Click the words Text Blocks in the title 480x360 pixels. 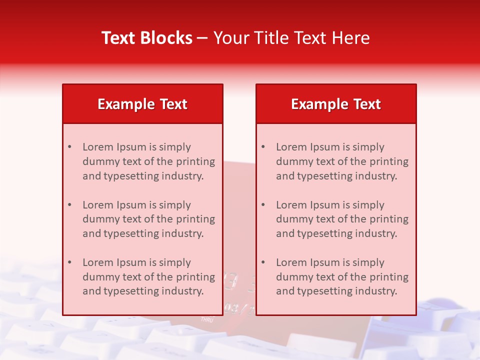point(147,38)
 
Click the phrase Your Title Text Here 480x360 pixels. point(291,38)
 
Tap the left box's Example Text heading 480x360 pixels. point(142,104)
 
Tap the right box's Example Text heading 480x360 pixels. point(336,104)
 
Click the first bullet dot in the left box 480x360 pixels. point(69,147)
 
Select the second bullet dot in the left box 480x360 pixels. point(69,205)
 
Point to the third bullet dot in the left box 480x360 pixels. point(69,262)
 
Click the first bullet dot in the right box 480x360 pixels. point(263,147)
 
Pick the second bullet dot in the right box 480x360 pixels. point(263,205)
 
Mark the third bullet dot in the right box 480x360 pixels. point(263,262)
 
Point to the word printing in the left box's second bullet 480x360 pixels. point(195,219)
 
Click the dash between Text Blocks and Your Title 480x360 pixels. point(203,38)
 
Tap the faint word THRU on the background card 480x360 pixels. point(207,318)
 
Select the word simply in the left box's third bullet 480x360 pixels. point(175,262)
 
